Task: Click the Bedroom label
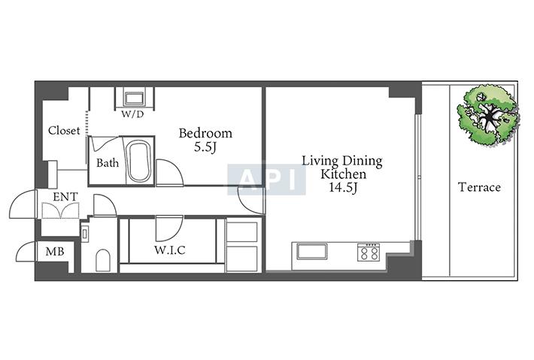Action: click(205, 133)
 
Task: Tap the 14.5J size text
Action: click(343, 188)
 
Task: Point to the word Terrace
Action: click(479, 187)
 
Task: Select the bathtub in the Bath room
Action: click(138, 162)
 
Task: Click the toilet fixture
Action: click(103, 261)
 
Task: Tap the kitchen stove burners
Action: click(368, 252)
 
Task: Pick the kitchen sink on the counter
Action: click(311, 252)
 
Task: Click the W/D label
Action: click(132, 114)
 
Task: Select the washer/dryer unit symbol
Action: click(135, 98)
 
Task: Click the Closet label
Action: click(64, 130)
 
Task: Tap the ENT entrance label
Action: click(65, 197)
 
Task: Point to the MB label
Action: click(55, 252)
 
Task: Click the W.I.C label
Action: click(169, 250)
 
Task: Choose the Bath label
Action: click(108, 163)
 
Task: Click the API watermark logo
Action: click(266, 180)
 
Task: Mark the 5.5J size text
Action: click(205, 147)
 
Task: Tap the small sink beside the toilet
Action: click(85, 234)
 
